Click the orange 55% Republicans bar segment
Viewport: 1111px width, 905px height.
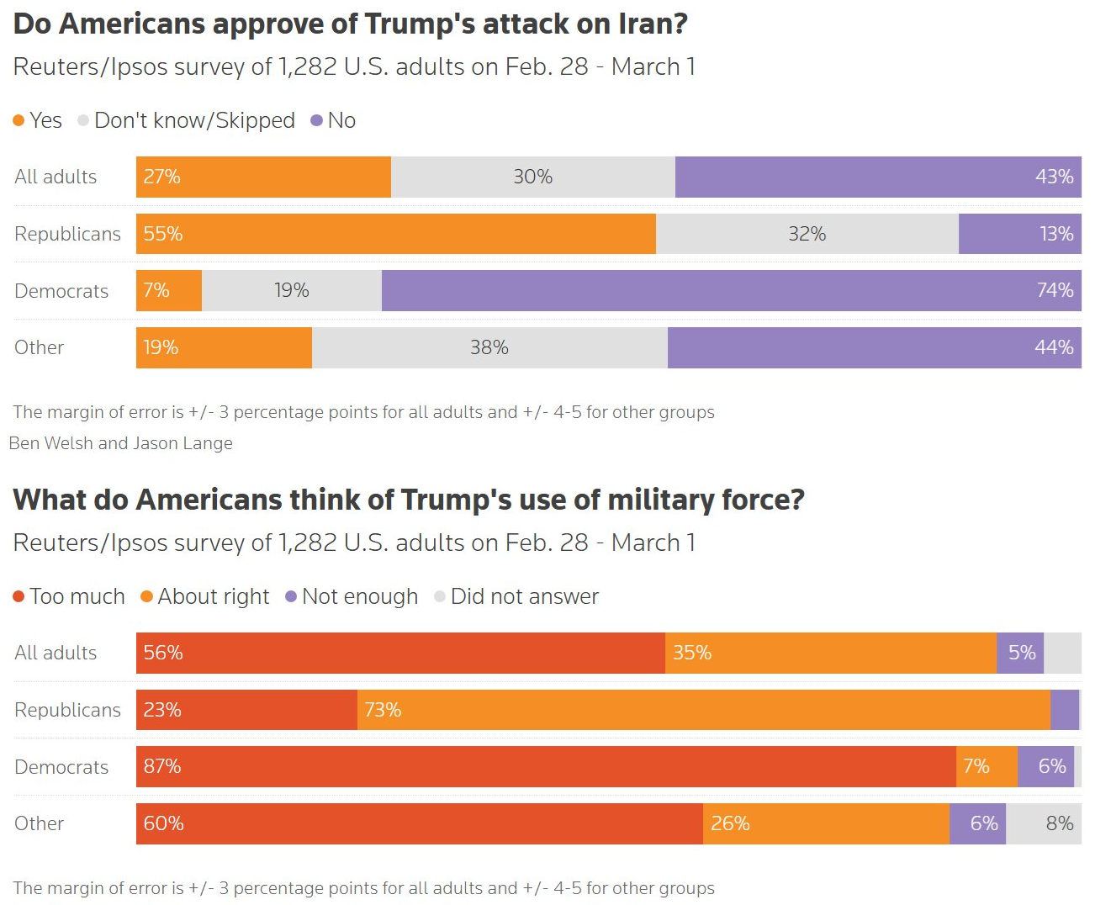(395, 234)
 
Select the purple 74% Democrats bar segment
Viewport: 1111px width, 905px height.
(731, 291)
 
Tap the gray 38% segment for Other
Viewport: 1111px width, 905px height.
(489, 347)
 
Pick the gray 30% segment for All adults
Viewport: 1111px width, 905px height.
(532, 177)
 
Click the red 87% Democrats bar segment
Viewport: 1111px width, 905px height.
(546, 767)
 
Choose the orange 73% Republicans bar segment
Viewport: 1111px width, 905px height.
(703, 710)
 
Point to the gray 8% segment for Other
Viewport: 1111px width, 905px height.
(1044, 823)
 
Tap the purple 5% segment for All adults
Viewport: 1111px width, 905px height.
(1020, 653)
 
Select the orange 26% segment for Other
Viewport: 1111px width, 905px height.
(826, 823)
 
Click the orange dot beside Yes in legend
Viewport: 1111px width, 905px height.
(19, 121)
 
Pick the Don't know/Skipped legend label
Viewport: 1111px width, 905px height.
(194, 121)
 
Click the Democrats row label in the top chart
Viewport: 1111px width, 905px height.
(61, 291)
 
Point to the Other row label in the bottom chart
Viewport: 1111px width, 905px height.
(39, 823)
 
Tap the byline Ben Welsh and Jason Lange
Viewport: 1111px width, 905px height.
(121, 443)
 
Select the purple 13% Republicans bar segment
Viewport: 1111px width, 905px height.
(1019, 234)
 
